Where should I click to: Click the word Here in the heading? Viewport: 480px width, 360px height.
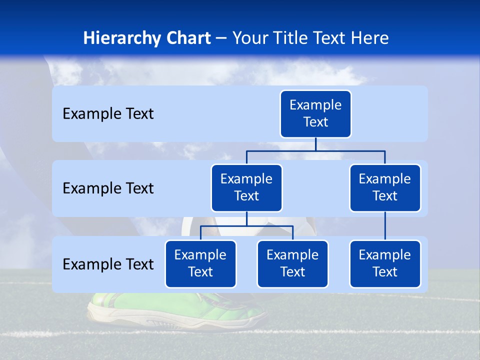point(369,38)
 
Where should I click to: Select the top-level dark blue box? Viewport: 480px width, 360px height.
point(315,114)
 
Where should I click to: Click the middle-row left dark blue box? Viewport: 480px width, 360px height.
point(246,188)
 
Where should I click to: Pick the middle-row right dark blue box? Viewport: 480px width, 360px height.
point(385,188)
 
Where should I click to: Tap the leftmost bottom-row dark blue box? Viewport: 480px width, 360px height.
point(200,264)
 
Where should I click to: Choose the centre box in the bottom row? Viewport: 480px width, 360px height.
point(292,264)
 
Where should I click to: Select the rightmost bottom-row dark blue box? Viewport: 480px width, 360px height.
point(385,264)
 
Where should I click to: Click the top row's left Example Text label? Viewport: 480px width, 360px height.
point(108,114)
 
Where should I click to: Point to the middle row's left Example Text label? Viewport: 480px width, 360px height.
point(108,188)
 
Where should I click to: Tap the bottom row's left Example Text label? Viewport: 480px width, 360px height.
point(108,264)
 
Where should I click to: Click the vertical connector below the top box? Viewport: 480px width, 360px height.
point(315,144)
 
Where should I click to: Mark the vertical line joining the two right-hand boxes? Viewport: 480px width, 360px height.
point(385,226)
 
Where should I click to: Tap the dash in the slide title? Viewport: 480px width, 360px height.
point(221,38)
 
